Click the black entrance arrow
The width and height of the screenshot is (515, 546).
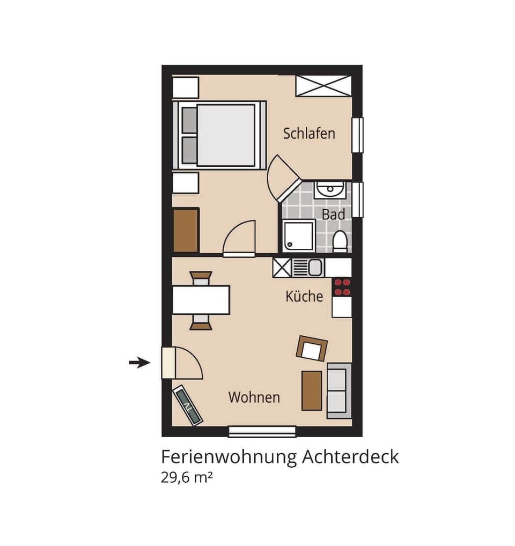pyautogui.click(x=139, y=363)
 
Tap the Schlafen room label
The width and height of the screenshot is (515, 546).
pyautogui.click(x=309, y=134)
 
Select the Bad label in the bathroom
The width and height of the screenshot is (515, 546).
pyautogui.click(x=333, y=215)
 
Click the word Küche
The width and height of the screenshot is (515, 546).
pyautogui.click(x=304, y=296)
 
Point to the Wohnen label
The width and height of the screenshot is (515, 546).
pyautogui.click(x=254, y=397)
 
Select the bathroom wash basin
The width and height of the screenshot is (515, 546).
pyautogui.click(x=330, y=189)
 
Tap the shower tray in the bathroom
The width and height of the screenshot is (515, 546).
pyautogui.click(x=298, y=235)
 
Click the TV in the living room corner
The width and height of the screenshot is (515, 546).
pyautogui.click(x=188, y=405)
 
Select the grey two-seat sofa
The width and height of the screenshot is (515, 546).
pyautogui.click(x=338, y=390)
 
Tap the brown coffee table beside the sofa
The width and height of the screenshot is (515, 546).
pyautogui.click(x=312, y=390)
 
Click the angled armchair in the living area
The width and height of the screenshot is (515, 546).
pyautogui.click(x=312, y=349)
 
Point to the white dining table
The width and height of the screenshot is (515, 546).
pyautogui.click(x=201, y=300)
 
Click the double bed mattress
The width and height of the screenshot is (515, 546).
pyautogui.click(x=225, y=135)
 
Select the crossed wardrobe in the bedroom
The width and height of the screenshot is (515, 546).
pyautogui.click(x=323, y=86)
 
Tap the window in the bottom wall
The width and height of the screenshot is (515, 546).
pyautogui.click(x=262, y=431)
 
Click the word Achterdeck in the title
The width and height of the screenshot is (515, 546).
pyautogui.click(x=350, y=457)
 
